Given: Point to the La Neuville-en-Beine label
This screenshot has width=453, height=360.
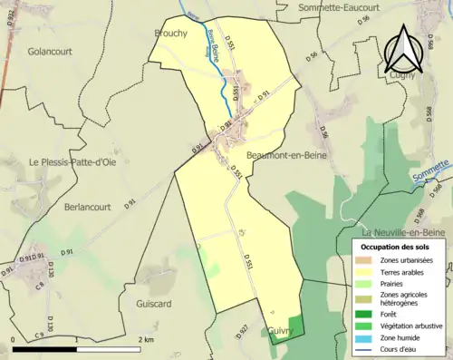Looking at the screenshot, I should click(x=405, y=231).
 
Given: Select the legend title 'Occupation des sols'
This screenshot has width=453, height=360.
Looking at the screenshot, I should click(x=397, y=247).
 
